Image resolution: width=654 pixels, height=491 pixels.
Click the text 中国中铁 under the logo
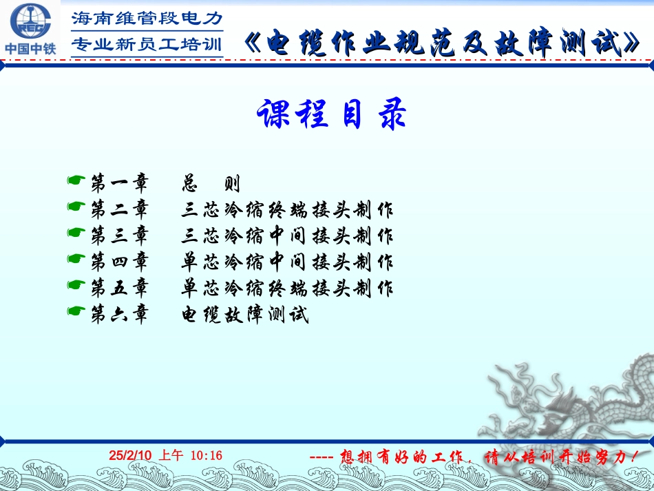click(x=29, y=49)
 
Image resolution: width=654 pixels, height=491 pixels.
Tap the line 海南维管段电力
click(x=147, y=19)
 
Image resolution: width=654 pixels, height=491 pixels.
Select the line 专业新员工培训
click(x=147, y=45)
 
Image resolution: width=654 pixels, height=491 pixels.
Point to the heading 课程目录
click(x=331, y=114)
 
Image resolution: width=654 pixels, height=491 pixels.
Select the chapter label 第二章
click(x=120, y=209)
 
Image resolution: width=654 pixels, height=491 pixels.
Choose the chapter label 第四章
click(x=120, y=262)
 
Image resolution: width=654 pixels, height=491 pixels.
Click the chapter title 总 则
click(x=211, y=184)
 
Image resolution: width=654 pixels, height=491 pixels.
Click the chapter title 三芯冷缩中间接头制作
click(x=287, y=236)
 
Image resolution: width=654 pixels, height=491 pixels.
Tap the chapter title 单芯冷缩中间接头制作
click(x=287, y=262)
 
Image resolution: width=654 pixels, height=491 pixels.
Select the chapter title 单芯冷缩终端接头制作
click(x=287, y=289)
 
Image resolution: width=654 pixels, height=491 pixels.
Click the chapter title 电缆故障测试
click(x=245, y=315)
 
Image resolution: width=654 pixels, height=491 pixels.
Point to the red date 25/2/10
click(x=129, y=455)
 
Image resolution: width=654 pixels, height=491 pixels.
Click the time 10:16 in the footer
click(x=206, y=455)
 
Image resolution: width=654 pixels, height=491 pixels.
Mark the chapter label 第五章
click(x=120, y=288)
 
